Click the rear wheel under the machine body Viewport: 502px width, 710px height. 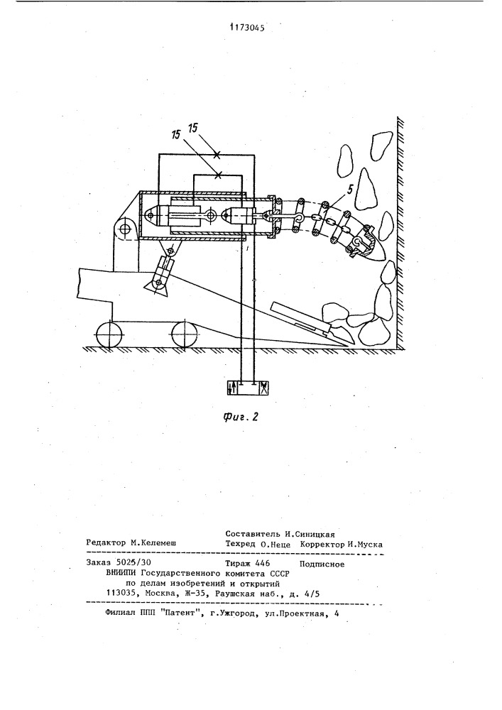click(x=110, y=334)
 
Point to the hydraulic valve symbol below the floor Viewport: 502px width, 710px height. click(x=249, y=388)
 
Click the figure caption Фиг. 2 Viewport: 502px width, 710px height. click(x=241, y=417)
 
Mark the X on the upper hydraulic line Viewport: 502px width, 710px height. click(x=217, y=155)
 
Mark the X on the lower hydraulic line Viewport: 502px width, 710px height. click(x=219, y=175)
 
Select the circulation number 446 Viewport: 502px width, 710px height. click(x=262, y=563)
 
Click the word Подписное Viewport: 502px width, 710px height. click(x=322, y=564)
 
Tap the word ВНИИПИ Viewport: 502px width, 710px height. click(x=121, y=573)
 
